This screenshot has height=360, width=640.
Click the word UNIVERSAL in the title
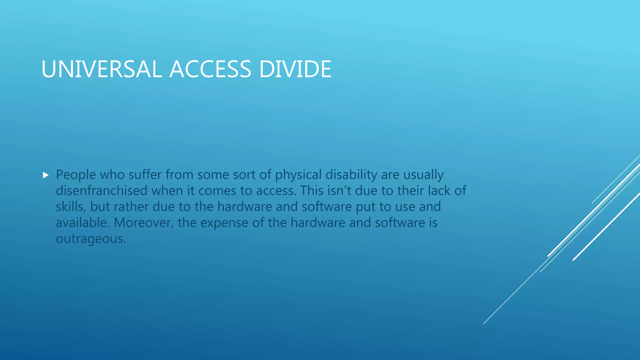(x=102, y=69)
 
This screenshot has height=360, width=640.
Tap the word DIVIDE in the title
(x=295, y=69)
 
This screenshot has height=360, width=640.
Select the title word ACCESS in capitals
(x=210, y=69)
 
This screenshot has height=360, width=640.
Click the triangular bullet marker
(x=46, y=175)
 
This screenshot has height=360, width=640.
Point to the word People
(x=76, y=175)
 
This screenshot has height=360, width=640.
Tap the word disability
(x=351, y=175)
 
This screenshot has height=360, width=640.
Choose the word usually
(x=423, y=175)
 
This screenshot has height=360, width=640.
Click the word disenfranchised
(x=102, y=191)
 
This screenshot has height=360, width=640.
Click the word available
(x=83, y=223)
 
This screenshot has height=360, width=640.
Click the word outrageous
(x=91, y=239)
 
